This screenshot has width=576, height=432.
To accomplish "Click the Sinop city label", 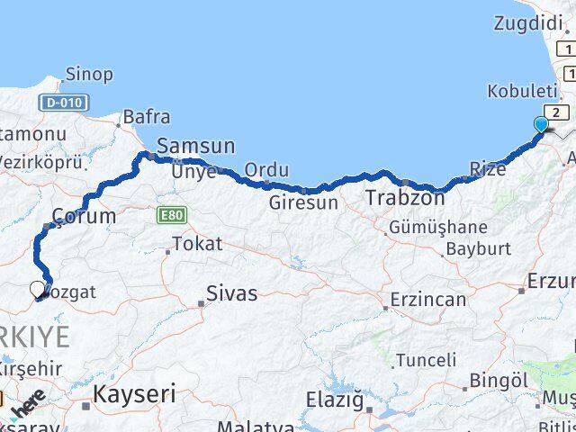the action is [x=90, y=75].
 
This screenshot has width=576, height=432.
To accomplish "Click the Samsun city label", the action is [x=195, y=146].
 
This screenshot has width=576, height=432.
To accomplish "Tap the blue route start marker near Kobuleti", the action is [x=541, y=124].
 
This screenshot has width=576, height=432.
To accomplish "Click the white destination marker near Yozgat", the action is [x=37, y=289].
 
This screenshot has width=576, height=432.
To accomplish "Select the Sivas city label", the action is [x=231, y=293].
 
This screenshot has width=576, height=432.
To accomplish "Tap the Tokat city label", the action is [x=196, y=243].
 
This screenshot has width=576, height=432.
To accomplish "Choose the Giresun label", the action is [x=303, y=203].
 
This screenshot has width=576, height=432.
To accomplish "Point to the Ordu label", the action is [x=266, y=169].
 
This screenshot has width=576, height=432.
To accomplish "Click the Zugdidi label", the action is [x=530, y=23].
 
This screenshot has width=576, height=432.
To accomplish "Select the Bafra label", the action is [x=146, y=116].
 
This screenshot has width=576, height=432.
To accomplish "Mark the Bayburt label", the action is [x=478, y=248].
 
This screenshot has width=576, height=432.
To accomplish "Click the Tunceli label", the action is [x=427, y=360].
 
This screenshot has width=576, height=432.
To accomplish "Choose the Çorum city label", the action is [x=85, y=217].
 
